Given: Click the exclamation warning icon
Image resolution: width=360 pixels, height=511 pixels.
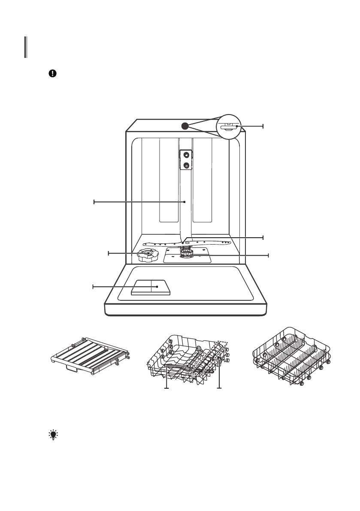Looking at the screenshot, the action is (52, 73).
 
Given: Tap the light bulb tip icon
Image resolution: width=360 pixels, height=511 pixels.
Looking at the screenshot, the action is (53, 436).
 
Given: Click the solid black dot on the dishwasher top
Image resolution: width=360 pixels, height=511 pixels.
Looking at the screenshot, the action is (184, 125).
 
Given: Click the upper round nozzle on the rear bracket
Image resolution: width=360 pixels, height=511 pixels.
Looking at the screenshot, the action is (186, 154).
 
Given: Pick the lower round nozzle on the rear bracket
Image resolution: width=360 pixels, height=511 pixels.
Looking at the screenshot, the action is (186, 165).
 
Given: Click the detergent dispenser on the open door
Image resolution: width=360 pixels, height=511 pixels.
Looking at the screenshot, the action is (151, 287).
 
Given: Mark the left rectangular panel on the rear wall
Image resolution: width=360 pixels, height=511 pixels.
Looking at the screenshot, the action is (168, 180).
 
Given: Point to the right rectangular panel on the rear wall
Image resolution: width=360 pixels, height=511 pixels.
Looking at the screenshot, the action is (203, 180).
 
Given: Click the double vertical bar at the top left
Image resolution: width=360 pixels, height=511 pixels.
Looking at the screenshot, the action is (26, 47).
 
